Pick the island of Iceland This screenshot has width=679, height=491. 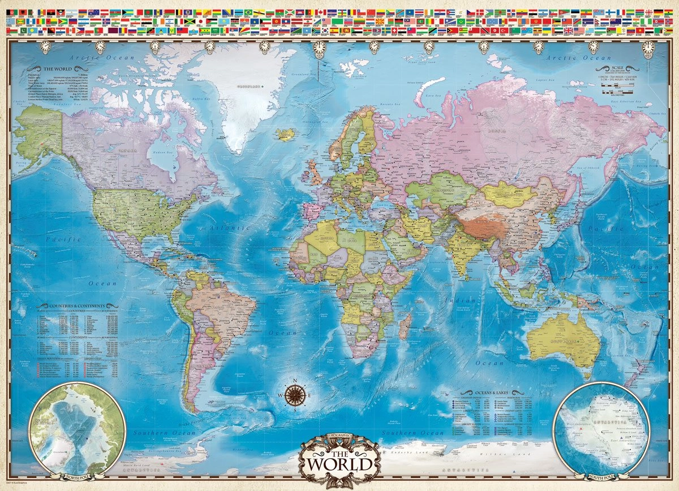(286, 134)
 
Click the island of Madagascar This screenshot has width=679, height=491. (405, 327)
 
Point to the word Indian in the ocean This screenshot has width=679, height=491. (452, 300)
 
